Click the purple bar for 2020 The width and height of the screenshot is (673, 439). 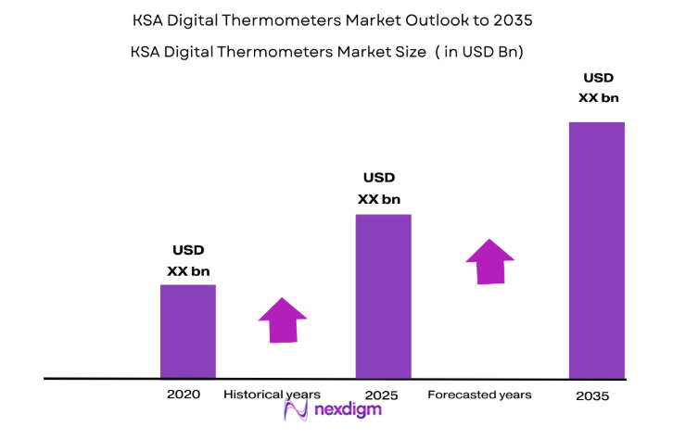tap(188, 331)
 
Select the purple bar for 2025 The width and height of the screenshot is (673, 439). tap(383, 296)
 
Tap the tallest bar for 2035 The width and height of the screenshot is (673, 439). tap(596, 250)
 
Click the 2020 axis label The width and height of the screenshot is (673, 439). tap(184, 395)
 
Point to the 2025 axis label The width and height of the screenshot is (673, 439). tap(381, 395)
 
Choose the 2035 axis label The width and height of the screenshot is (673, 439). tap(592, 395)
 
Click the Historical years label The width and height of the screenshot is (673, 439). tap(272, 395)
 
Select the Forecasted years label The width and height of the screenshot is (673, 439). tap(479, 395)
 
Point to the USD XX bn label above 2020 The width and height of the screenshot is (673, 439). tap(188, 260)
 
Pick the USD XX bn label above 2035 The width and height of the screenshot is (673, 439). tap(598, 87)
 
